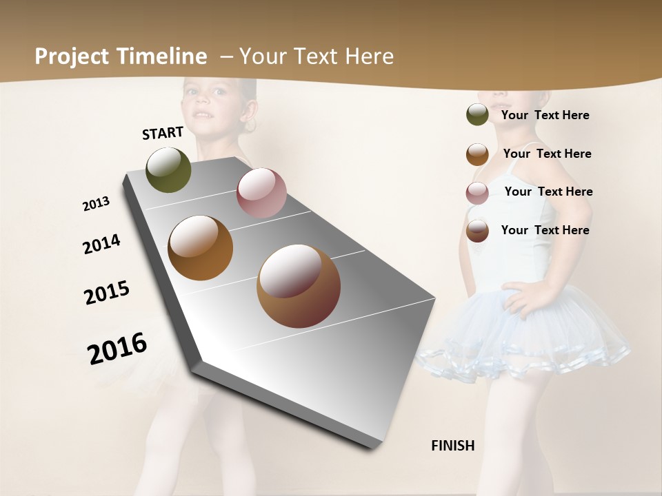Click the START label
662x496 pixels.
pos(163,133)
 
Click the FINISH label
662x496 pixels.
pos(453,446)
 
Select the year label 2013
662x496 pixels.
pos(96,204)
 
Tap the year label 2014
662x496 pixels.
pos(101,245)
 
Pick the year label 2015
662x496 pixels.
pos(107,293)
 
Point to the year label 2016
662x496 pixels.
pos(117,349)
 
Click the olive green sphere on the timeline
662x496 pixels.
pos(169,169)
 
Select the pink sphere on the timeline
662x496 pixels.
pos(261,192)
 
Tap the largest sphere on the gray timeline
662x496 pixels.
pos(299,286)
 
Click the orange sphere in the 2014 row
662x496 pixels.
pos(201,248)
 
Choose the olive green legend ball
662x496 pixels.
pos(477,115)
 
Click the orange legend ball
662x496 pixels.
pos(477,154)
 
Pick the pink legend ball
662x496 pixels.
pos(477,193)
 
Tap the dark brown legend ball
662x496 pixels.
pos(477,231)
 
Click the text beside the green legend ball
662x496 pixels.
pos(545,115)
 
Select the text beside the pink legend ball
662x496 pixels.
pos(548,192)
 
